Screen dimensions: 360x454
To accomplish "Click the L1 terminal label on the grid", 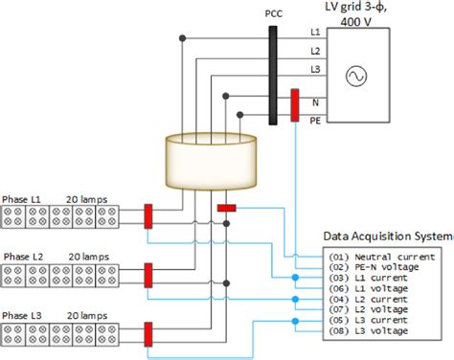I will coord(315,33).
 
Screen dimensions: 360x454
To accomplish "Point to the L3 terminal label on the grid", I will coord(315,70).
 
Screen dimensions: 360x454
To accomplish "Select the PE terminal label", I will coord(315,121).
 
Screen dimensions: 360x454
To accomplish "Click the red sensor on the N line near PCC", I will coord(295,106).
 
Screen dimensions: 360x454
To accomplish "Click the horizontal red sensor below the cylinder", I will coord(227,207).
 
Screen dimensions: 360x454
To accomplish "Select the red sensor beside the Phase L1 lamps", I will coord(148,217).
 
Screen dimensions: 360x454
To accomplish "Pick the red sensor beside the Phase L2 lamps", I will coord(148,276).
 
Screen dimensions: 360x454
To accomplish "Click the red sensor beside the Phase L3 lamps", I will coord(148,333).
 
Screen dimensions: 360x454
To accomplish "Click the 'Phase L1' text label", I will coord(22,199).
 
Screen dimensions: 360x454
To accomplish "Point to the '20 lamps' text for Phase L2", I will coord(87,257).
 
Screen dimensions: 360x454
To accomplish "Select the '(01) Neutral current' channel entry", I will coord(381,258).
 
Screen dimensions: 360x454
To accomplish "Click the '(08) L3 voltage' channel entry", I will coord(373,330).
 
